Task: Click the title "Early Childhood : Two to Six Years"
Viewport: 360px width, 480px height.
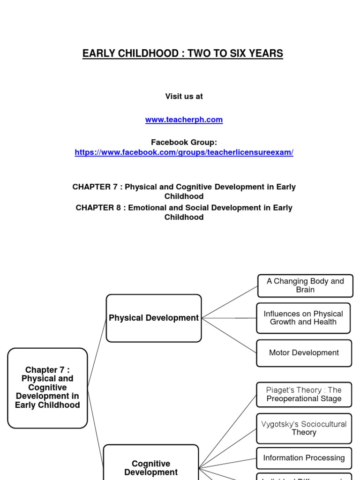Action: (183, 53)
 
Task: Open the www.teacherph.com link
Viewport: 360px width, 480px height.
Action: (184, 120)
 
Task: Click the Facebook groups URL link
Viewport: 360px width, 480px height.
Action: (184, 153)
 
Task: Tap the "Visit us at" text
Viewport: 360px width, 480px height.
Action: (184, 96)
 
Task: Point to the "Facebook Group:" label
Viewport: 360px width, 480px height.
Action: (184, 142)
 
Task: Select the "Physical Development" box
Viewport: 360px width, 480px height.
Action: (154, 318)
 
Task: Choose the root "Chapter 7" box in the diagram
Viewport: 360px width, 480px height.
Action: (47, 388)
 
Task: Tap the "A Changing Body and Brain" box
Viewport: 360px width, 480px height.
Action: (305, 285)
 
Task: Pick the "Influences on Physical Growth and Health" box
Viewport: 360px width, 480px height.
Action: (303, 318)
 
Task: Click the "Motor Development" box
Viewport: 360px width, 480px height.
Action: (304, 352)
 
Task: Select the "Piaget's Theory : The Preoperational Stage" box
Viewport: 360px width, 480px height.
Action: (304, 394)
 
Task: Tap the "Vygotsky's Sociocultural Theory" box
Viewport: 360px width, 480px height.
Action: (304, 428)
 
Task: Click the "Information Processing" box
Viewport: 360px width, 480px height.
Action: (304, 458)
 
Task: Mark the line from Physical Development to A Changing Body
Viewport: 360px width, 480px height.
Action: (230, 302)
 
